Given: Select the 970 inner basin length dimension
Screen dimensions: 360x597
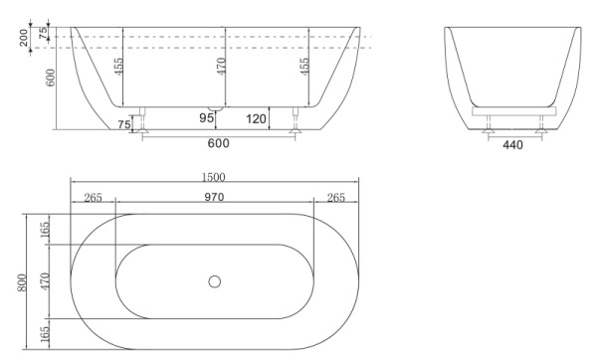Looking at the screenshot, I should pos(214,197).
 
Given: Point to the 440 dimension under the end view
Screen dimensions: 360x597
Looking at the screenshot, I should pos(513,145).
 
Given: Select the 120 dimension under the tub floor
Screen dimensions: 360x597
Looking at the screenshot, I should pos(256,119).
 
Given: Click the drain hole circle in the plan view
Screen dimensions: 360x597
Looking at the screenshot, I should pos(214,281).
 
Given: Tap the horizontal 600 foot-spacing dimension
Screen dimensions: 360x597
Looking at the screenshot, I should pos(219,143).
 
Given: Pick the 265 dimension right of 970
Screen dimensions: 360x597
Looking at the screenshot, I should pos(335,197).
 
